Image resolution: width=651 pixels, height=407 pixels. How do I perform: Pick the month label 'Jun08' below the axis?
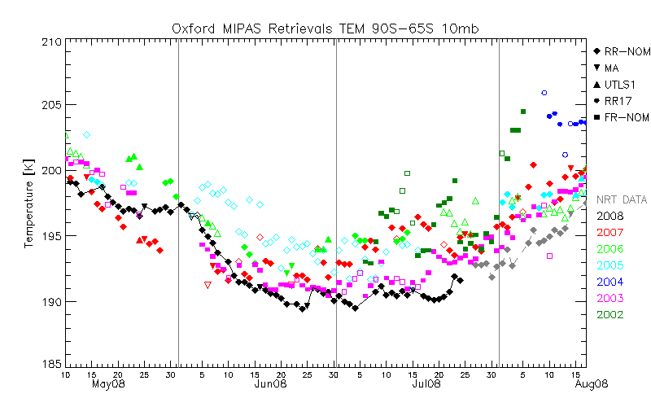pos(269,383)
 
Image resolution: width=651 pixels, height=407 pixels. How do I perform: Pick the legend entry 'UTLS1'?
pos(621,85)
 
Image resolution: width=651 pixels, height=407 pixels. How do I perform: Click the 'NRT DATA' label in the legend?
pos(623,199)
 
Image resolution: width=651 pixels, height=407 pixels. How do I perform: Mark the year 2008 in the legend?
pos(610,216)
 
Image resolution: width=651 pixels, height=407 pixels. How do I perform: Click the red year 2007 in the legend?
pos(610,233)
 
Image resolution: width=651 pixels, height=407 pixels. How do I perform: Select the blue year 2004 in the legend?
pos(610,282)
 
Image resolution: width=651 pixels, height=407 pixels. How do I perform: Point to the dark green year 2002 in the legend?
pos(610,314)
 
